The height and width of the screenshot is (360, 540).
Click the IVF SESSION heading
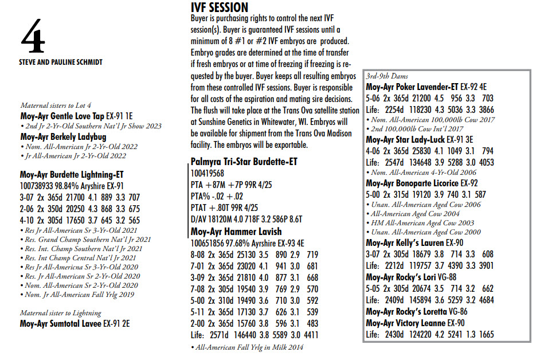pos(219,7)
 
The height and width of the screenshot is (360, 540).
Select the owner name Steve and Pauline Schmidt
pos(61,62)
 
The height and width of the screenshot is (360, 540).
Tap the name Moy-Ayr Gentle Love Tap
pos(62,116)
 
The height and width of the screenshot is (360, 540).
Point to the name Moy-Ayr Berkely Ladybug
pos(63,136)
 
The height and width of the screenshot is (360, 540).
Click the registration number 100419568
pos(208,173)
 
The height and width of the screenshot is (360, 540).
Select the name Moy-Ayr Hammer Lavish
pos(236,232)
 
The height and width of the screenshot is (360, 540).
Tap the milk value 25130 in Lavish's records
pos(257,255)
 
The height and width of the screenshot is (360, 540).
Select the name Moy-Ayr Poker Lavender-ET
pos(411,87)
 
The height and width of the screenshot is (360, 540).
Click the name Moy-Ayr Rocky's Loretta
pos(406,312)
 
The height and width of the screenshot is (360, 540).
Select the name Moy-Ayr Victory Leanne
pos(405,323)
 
